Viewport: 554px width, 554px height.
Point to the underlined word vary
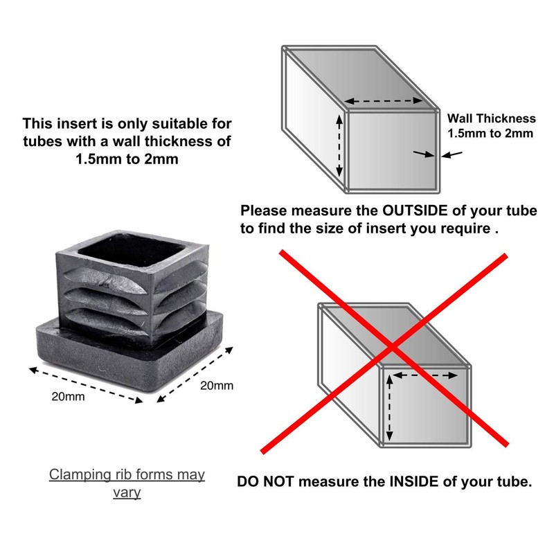[127, 493]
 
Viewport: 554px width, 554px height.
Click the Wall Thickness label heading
[492, 118]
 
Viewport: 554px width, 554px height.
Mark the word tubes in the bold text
[39, 142]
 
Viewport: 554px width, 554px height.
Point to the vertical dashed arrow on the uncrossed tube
[339, 145]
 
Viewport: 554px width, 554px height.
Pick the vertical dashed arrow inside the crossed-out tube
[390, 407]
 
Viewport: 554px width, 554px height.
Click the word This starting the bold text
[37, 124]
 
